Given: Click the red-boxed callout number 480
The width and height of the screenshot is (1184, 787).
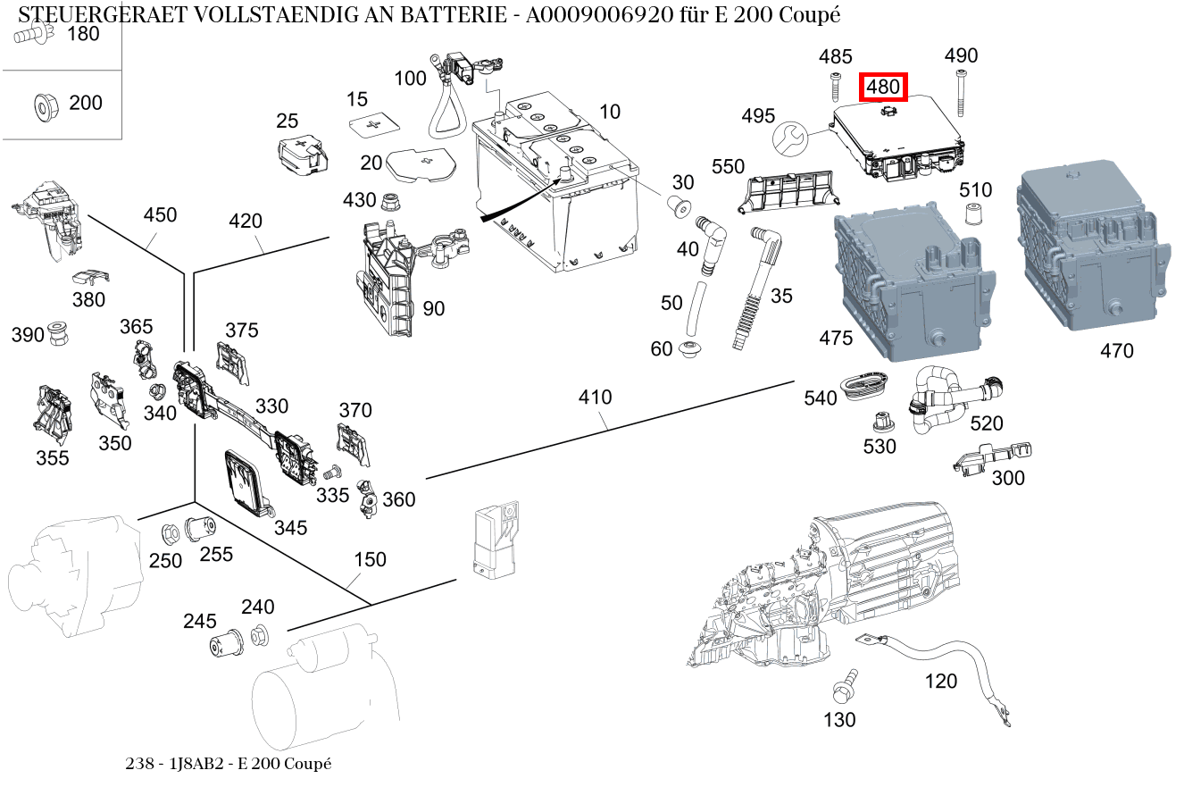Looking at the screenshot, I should (883, 88).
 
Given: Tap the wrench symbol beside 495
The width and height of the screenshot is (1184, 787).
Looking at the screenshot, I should (788, 137).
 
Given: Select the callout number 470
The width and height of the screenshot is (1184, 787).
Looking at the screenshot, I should (1116, 351).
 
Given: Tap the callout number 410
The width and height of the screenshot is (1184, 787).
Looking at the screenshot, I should (595, 396).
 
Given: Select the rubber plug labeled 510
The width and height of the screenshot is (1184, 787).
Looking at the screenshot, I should (973, 214).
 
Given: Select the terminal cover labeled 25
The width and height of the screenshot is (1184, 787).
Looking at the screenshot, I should (301, 154).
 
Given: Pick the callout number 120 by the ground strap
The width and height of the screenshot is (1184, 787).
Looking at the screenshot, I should (940, 682).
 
